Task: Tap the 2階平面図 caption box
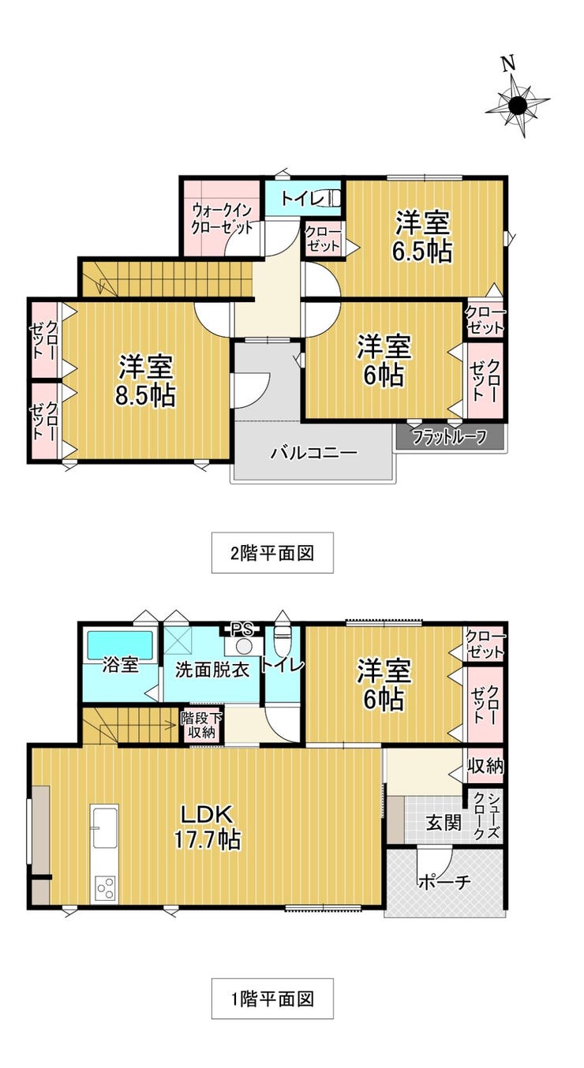[x=272, y=553]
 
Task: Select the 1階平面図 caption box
[x=272, y=999]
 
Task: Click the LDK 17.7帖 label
[x=207, y=827]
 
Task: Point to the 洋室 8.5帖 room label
[x=146, y=380]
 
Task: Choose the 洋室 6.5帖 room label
[x=422, y=237]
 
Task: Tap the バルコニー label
[x=313, y=451]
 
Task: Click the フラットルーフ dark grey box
[x=450, y=437]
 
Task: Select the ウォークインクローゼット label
[x=222, y=219]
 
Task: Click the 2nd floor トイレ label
[x=303, y=198]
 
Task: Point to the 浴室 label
[x=120, y=665]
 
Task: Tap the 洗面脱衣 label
[x=212, y=670]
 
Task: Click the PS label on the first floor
[x=242, y=629]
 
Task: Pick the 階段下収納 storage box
[x=201, y=726]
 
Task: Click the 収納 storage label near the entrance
[x=485, y=766]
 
